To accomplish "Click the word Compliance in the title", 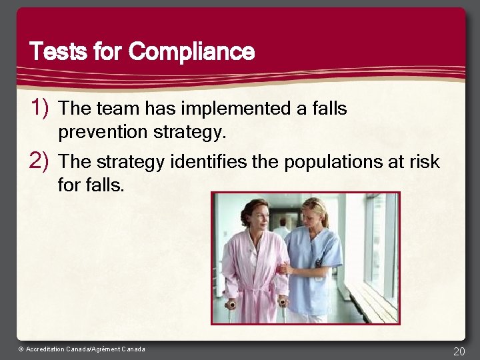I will pos(192,51).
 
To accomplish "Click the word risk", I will pos(425,161).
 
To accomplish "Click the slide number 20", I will pos(459,351).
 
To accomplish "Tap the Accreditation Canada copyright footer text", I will pos(81,349).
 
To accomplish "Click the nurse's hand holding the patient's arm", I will pos(285,269).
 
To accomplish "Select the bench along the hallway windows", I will pos(370,297).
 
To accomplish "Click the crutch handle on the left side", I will pos(231,305).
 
